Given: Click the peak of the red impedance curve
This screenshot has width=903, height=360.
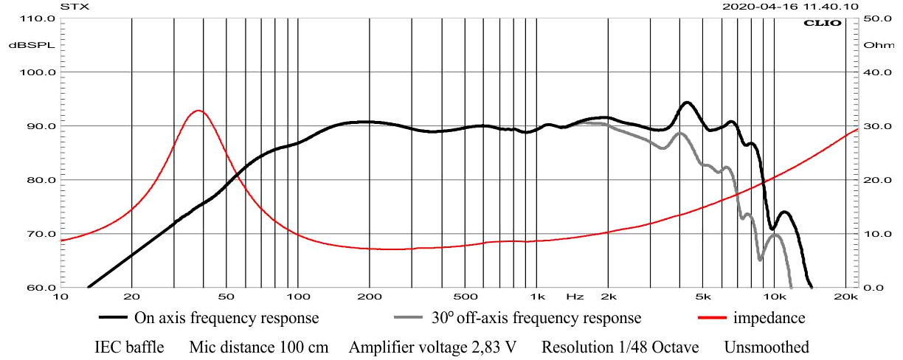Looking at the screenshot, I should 198,111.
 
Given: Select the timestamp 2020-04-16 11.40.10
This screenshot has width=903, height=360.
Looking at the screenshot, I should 790,6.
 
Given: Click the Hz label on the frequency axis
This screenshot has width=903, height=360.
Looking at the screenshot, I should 575,297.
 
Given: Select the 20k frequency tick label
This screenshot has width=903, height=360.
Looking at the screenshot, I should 845,297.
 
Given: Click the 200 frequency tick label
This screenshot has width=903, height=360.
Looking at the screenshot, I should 369,297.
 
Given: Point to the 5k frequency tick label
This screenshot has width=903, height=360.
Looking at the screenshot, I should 703,297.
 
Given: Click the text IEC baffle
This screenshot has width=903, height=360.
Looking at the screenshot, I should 129,347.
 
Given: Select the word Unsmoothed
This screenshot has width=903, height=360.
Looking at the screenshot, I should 767,347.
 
